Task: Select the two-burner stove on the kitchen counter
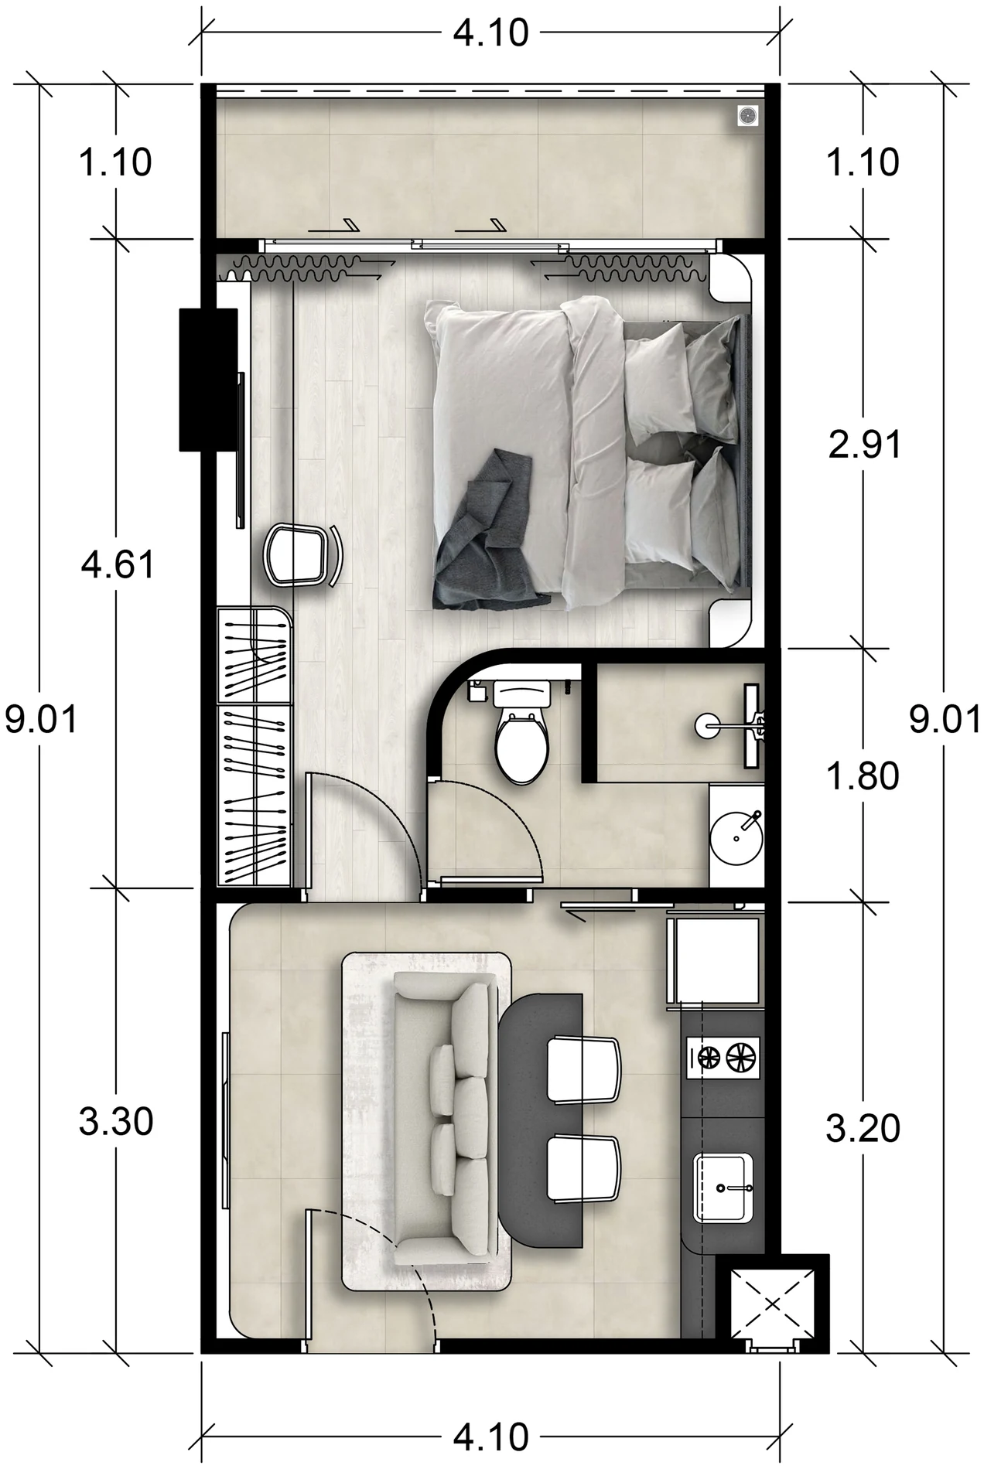click(x=723, y=1057)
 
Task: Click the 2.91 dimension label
click(x=864, y=446)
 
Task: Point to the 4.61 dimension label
click(x=118, y=565)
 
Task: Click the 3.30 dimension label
click(x=116, y=1122)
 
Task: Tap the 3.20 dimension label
click(x=863, y=1130)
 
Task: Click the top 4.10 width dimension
click(x=490, y=33)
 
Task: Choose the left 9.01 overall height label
click(x=40, y=721)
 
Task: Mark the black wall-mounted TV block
click(x=209, y=379)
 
